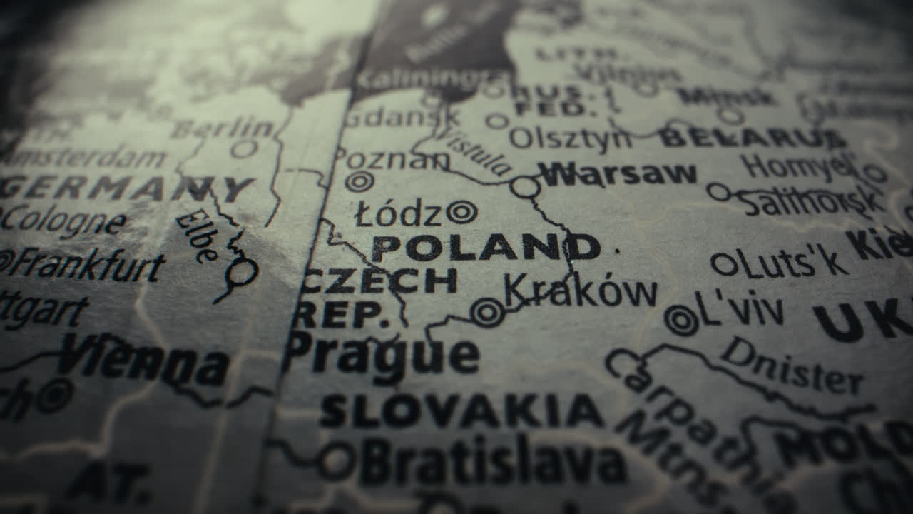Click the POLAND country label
point(485,248)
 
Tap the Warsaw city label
point(617,173)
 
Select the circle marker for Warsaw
point(525,187)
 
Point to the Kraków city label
point(580,291)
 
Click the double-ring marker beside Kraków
point(488,312)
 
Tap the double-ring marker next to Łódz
point(461,211)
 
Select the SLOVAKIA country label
point(461,412)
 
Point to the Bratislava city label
point(492,460)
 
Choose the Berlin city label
point(223,129)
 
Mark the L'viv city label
point(738,309)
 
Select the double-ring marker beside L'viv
point(681,320)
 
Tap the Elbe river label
point(196,236)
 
